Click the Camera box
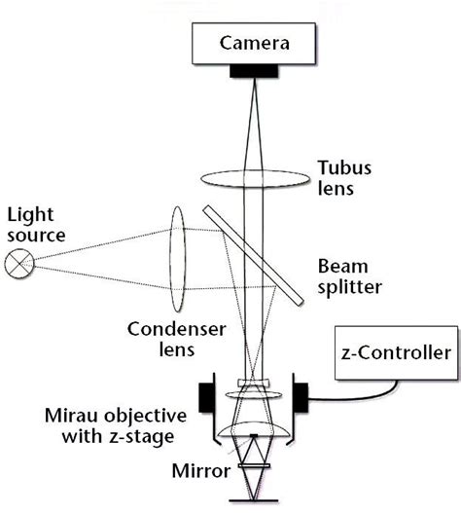[x=254, y=43]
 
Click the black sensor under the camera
[x=254, y=71]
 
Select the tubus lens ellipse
[x=255, y=178]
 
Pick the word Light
[x=28, y=213]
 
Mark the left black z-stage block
[x=207, y=396]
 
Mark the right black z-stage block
[x=301, y=396]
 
